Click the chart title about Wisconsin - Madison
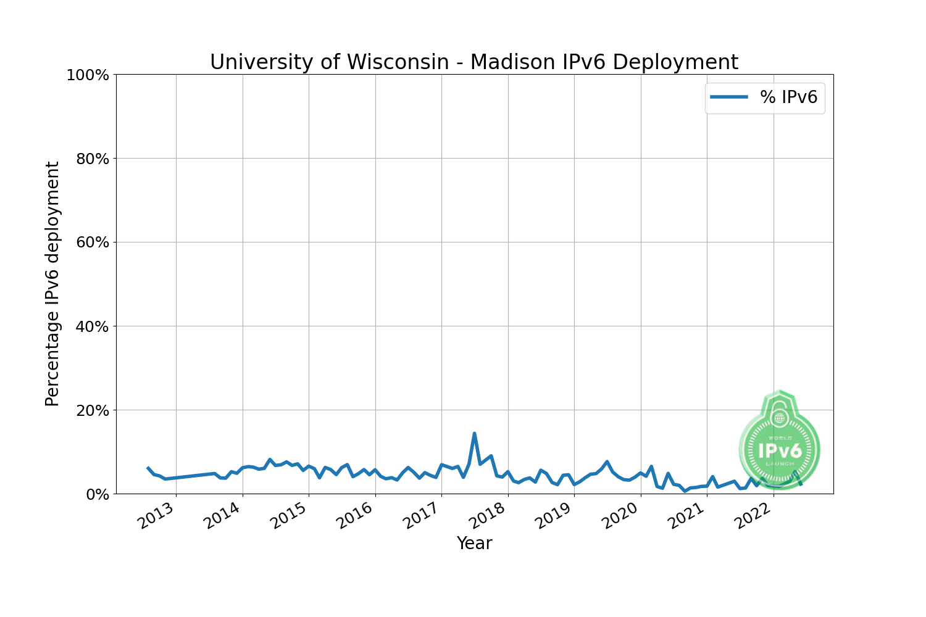473,62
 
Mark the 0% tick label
96,494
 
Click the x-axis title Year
474,544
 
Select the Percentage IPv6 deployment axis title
53,284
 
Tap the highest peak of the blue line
474,434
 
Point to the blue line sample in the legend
729,97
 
